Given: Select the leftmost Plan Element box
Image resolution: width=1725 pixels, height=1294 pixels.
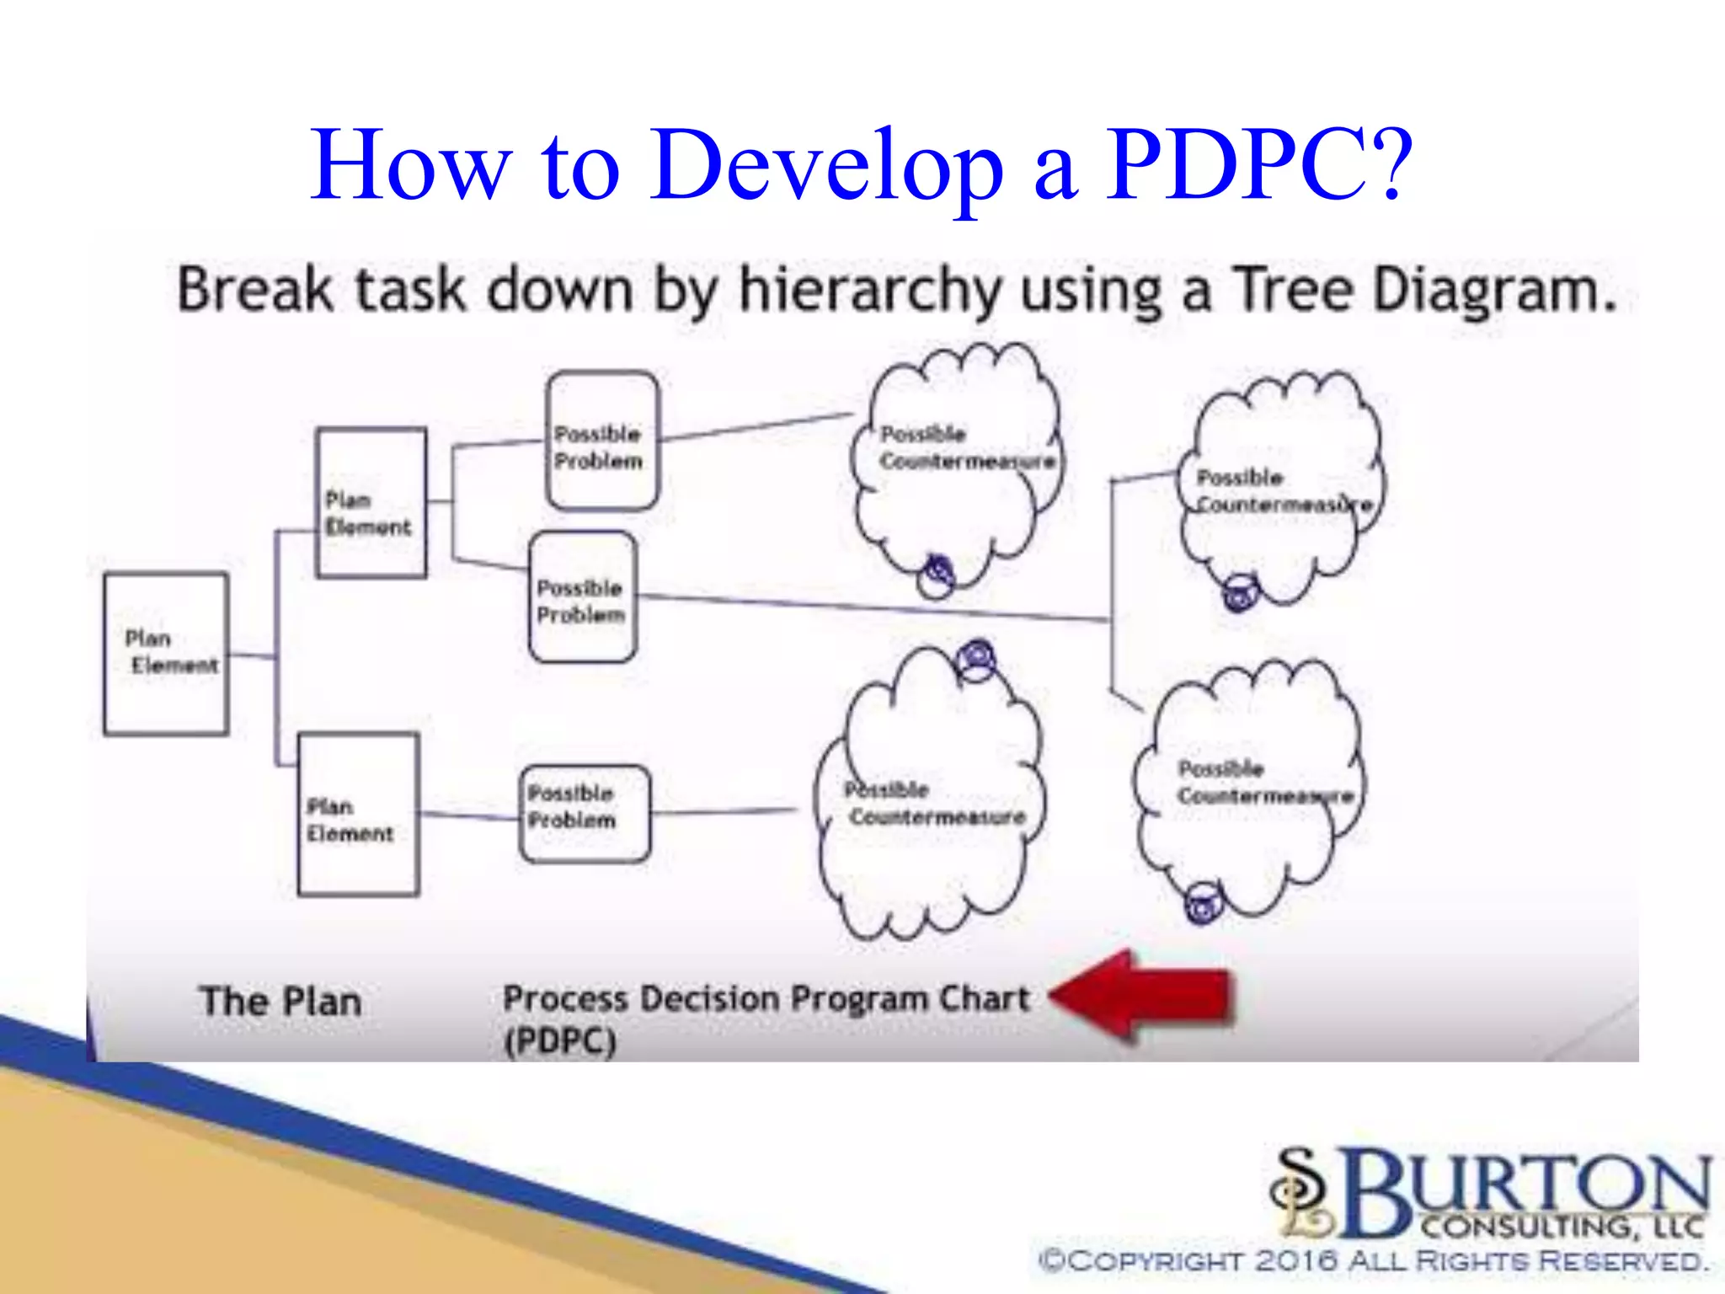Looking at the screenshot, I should pyautogui.click(x=166, y=654).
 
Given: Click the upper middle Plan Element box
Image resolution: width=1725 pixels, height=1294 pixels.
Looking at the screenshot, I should pyautogui.click(x=371, y=503).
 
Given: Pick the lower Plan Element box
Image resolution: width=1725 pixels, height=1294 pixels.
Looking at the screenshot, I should pyautogui.click(x=358, y=814).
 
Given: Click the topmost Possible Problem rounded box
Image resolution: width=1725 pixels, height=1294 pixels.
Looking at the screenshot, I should pyautogui.click(x=601, y=441).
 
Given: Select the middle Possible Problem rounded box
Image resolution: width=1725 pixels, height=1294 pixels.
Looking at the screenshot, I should pyautogui.click(x=582, y=596).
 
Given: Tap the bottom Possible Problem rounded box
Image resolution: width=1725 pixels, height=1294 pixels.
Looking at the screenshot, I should pyautogui.click(x=585, y=813).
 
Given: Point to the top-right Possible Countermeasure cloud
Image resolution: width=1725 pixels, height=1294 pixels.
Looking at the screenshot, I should pyautogui.click(x=1280, y=489).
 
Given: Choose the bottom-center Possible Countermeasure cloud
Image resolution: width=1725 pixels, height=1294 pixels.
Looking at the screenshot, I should pyautogui.click(x=931, y=805).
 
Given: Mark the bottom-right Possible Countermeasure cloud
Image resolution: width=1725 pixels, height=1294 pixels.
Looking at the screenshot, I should pyautogui.click(x=1251, y=788).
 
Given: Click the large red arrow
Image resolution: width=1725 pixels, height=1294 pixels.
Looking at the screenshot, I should pyautogui.click(x=1146, y=997).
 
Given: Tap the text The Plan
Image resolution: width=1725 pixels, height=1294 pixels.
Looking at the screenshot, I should pyautogui.click(x=280, y=1002).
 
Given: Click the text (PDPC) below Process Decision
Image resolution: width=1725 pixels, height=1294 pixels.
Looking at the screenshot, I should pyautogui.click(x=560, y=1041).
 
